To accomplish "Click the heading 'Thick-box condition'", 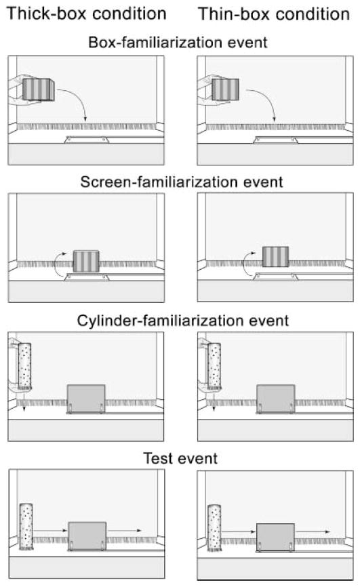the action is (87, 14).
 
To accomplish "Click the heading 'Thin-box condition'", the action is (274, 14).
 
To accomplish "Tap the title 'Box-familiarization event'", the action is (178, 42).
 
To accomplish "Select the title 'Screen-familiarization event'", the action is (182, 182).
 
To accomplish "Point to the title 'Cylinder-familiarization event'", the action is (183, 321).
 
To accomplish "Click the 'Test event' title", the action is (180, 459).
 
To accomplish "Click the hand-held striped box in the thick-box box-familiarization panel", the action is (38, 89).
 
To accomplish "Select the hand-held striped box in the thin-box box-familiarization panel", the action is (226, 89).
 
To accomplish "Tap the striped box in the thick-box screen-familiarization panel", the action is (86, 262).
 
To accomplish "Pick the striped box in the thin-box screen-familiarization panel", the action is (275, 257).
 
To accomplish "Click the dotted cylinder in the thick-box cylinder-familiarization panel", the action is (24, 367).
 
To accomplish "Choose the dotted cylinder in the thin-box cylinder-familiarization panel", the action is (214, 367).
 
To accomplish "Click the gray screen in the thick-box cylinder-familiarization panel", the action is (86, 399).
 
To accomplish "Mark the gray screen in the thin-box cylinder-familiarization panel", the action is (276, 399).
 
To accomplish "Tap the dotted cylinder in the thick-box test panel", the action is (26, 527).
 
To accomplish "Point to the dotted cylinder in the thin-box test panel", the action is (214, 528).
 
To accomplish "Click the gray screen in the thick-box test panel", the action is (87, 536).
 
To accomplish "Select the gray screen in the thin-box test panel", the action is (276, 538).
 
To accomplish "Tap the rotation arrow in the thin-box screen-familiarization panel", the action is (244, 264).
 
